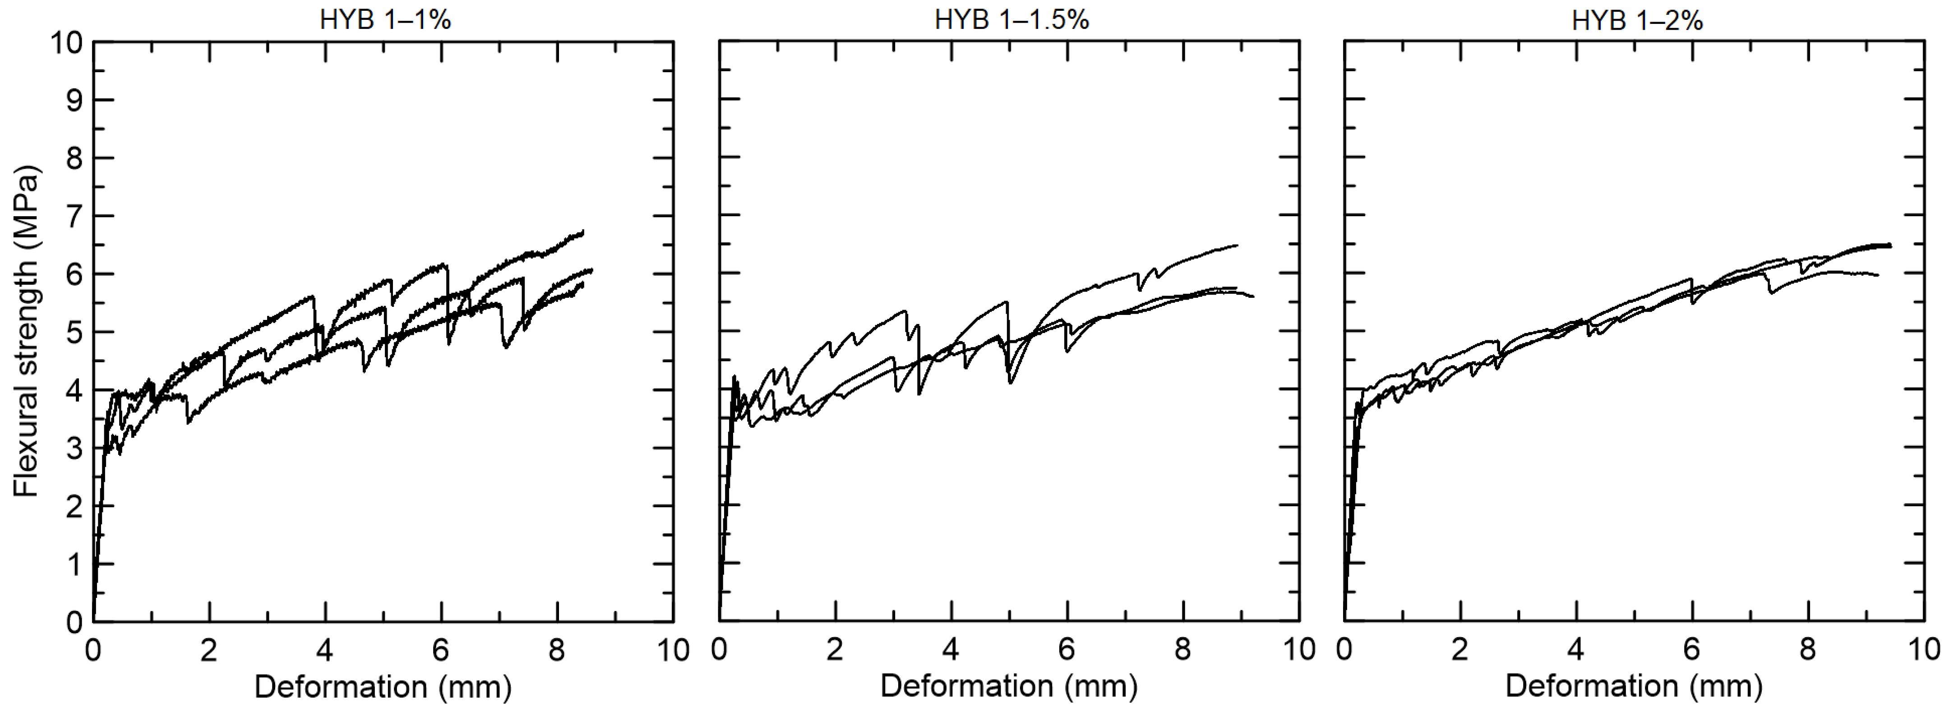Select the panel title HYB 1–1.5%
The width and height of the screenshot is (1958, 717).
(x=1011, y=20)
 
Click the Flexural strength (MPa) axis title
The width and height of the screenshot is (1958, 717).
(x=26, y=332)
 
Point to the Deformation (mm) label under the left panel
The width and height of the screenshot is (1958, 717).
(x=382, y=687)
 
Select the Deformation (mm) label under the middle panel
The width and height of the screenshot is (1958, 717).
(x=1009, y=687)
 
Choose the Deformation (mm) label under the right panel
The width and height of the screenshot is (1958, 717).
(x=1634, y=687)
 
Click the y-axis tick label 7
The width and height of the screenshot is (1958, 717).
(x=73, y=216)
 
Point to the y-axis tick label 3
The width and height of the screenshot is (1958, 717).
(x=73, y=448)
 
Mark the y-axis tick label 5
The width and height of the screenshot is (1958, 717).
(x=73, y=332)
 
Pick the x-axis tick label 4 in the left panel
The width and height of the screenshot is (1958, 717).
(x=324, y=651)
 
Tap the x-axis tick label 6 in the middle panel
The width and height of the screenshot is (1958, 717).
(x=1067, y=651)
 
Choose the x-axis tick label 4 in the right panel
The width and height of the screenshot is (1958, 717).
(x=1576, y=651)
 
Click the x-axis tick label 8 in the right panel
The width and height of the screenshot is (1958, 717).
(x=1807, y=651)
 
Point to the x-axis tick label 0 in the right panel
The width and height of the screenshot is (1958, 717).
(x=1344, y=651)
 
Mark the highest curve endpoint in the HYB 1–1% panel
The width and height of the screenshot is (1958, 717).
(x=582, y=231)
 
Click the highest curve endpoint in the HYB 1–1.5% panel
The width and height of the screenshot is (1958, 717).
(x=1237, y=245)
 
